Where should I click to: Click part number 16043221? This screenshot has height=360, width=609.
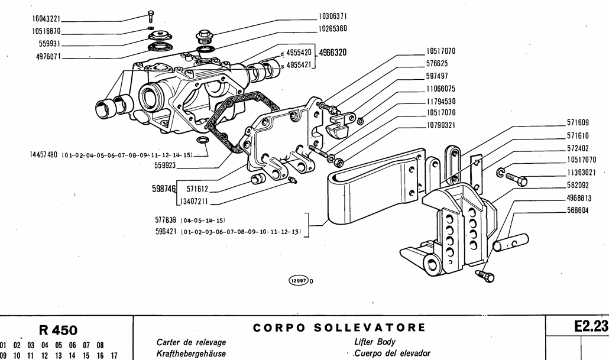tap(45, 20)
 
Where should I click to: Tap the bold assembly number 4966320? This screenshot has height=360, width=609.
tap(332, 53)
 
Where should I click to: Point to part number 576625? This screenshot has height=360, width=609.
tap(440, 63)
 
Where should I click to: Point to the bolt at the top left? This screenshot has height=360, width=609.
tap(152, 16)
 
